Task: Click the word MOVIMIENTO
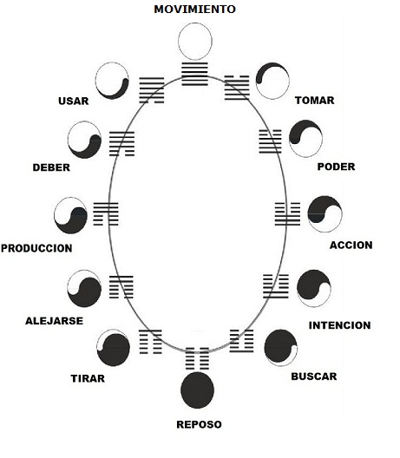point(194,9)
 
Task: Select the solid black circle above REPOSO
point(197,390)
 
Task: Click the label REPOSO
point(199,424)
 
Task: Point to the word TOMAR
point(314,101)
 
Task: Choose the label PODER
point(336,167)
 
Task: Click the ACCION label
point(351,245)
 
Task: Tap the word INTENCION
point(339,325)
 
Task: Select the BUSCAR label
point(314,376)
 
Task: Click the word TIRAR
point(88,378)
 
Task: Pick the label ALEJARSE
point(54,321)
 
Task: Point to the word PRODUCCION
point(36,248)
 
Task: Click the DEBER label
point(51,167)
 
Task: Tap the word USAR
point(74,101)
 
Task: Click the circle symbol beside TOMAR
point(272,81)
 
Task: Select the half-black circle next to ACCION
point(325,214)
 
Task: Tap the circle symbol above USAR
point(112,81)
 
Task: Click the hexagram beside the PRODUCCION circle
point(106,213)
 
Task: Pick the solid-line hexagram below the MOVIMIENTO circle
point(194,74)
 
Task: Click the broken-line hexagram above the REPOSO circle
point(197,358)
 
